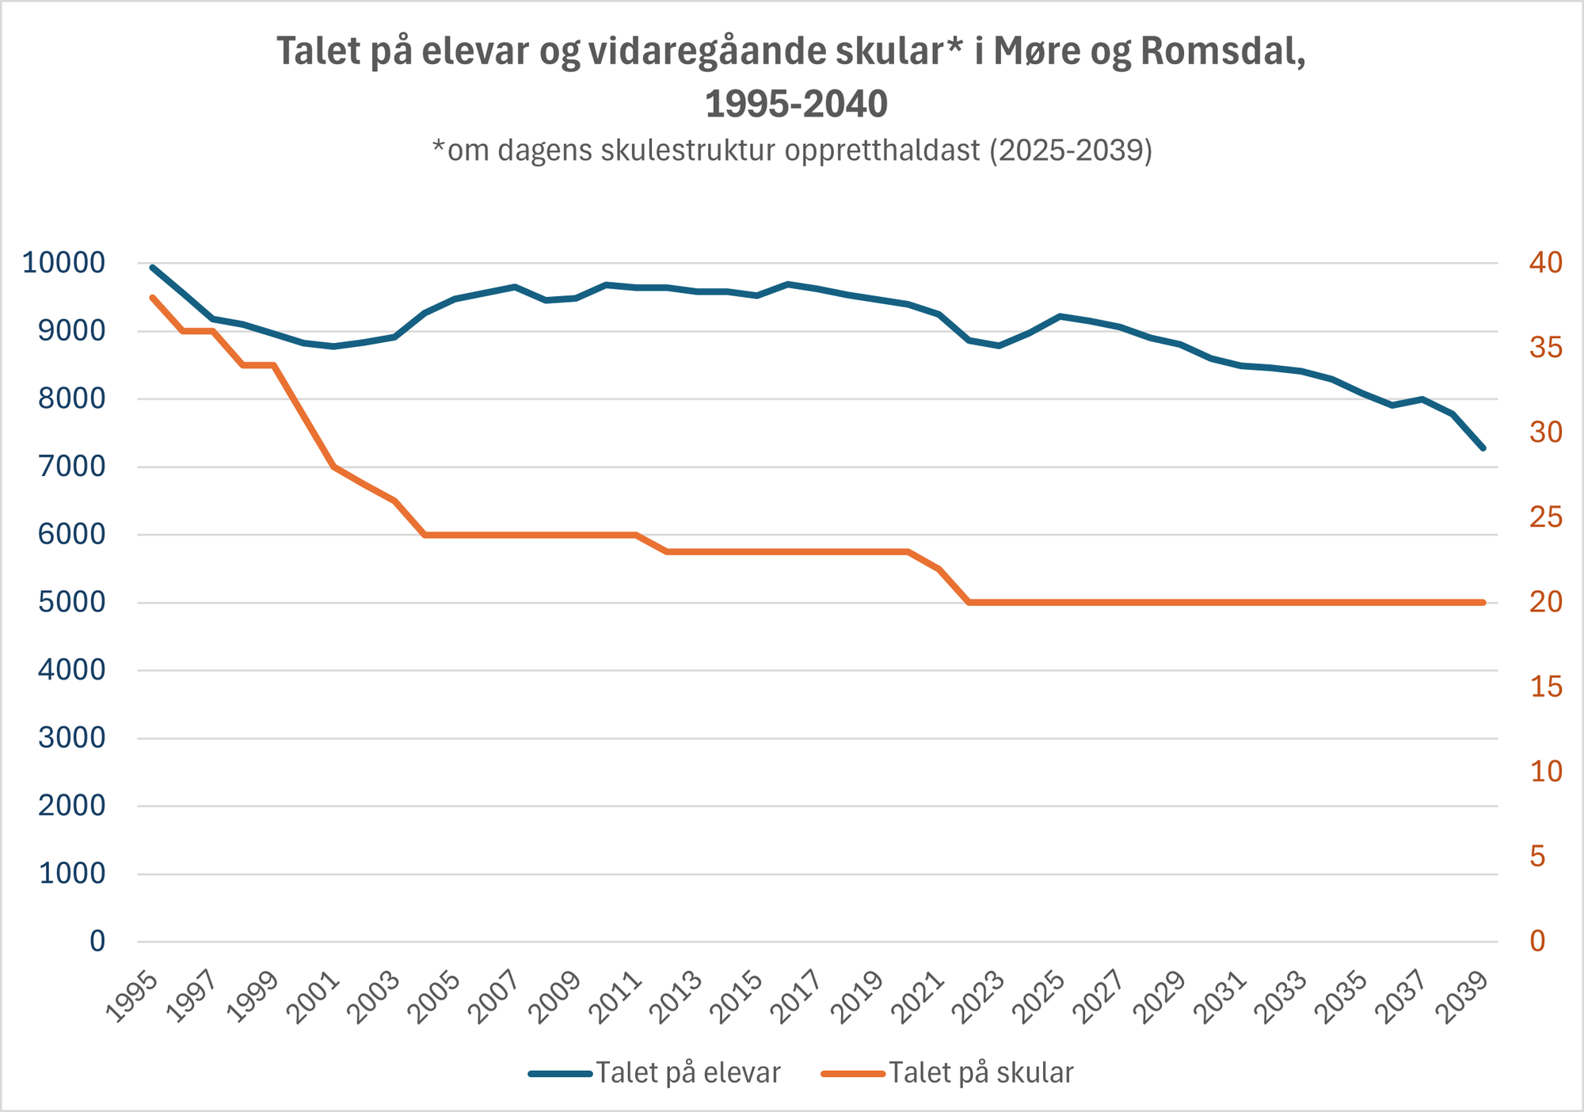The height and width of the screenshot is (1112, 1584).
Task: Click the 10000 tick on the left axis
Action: click(x=63, y=263)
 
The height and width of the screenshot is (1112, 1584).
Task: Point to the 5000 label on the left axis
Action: click(x=71, y=603)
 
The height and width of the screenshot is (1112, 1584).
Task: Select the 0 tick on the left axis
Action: click(x=97, y=942)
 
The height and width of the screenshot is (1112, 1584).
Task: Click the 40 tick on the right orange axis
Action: click(x=1545, y=263)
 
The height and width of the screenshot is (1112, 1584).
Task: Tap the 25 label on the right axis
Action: click(x=1545, y=518)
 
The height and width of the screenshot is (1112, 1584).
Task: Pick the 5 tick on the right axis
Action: click(x=1537, y=857)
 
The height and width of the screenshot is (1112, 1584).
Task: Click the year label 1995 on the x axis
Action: click(x=132, y=997)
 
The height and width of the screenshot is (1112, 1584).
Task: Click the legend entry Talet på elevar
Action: click(x=687, y=1073)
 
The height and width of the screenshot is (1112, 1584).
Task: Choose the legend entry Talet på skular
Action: click(x=980, y=1073)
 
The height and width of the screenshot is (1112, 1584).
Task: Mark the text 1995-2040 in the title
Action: click(x=796, y=104)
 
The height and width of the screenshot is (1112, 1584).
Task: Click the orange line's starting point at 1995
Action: click(x=152, y=297)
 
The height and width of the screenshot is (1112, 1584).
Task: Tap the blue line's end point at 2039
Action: click(x=1483, y=448)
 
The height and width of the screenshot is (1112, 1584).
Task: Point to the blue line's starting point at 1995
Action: click(x=152, y=268)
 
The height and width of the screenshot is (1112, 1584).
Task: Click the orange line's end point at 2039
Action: click(x=1483, y=603)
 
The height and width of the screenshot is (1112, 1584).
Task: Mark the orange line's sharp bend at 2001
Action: click(x=333, y=467)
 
